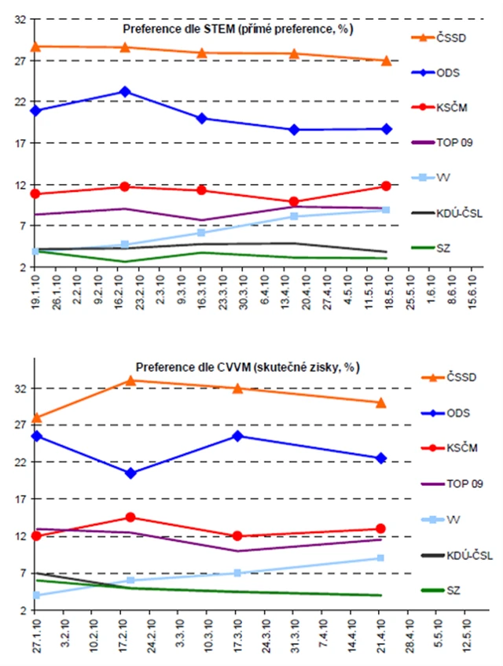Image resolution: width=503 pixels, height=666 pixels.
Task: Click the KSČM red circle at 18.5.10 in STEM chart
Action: tap(386, 186)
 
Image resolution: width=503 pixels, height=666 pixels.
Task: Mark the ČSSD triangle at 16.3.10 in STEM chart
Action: tap(201, 53)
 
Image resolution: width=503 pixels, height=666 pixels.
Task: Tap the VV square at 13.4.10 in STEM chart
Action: tap(294, 216)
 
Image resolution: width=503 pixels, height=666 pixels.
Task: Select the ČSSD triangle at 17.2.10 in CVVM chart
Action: tap(130, 381)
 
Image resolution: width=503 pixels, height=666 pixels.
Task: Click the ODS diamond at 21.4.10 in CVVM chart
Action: tap(380, 458)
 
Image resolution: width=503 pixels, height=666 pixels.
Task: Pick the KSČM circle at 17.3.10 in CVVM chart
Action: tap(237, 536)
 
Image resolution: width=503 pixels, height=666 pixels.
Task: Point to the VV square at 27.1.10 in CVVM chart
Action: tap(36, 595)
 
